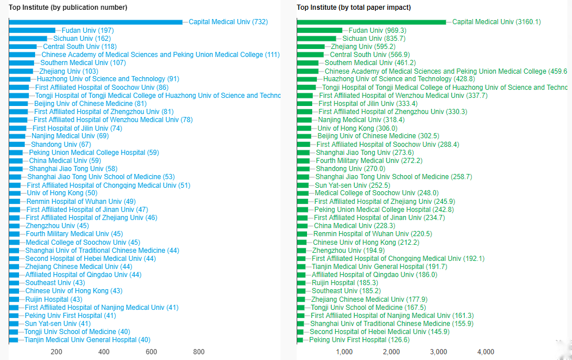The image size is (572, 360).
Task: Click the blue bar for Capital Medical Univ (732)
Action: (96, 22)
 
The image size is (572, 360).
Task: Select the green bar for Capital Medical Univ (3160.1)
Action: (372, 22)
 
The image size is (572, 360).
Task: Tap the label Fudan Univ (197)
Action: (88, 30)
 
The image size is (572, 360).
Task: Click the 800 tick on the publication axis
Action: (199, 352)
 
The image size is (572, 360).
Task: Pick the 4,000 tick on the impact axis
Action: (486, 352)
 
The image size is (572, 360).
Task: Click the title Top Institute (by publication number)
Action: (68, 7)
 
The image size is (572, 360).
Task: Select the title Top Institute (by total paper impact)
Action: (354, 7)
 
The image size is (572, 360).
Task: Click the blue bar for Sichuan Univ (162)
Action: (28, 38)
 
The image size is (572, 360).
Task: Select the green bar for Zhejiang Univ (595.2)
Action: (311, 46)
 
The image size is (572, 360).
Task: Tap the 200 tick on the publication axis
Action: (56, 352)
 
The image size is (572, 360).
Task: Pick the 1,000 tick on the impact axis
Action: (344, 352)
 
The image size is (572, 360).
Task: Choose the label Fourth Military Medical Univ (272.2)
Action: (369, 161)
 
